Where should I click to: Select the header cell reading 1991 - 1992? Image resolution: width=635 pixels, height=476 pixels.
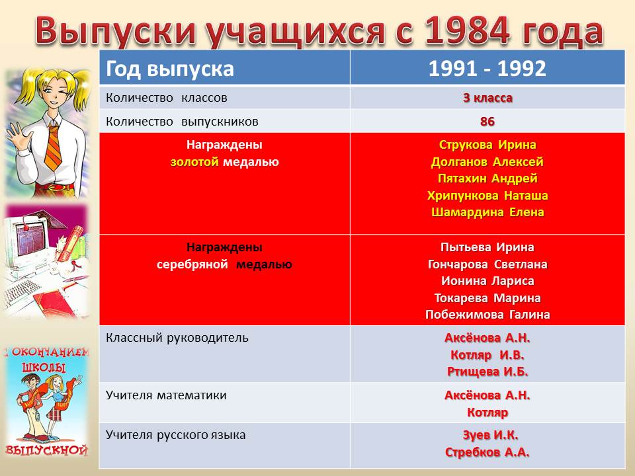tap(487, 68)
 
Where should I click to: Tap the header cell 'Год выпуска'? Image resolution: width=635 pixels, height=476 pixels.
tap(225, 68)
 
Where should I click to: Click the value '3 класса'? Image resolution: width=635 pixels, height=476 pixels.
tap(487, 98)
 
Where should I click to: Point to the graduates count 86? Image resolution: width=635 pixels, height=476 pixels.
tap(487, 122)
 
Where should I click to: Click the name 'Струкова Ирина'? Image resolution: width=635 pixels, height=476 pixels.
tap(487, 145)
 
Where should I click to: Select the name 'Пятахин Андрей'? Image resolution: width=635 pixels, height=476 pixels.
tap(487, 178)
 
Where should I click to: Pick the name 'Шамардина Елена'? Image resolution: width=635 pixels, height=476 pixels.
tap(487, 212)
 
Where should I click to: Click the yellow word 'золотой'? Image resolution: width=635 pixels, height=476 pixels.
tap(194, 162)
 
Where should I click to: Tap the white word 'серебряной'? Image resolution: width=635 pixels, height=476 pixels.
tap(192, 264)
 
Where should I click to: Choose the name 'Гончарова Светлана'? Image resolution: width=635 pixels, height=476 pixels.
tap(487, 264)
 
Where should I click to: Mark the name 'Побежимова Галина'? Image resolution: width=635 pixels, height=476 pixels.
tap(487, 315)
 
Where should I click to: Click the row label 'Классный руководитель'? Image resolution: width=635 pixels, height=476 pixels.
tap(177, 338)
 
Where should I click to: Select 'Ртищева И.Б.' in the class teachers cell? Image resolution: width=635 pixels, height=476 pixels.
tap(487, 372)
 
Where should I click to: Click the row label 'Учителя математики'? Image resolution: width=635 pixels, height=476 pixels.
tap(166, 395)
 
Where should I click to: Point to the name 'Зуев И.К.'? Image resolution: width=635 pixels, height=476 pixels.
tap(490, 435)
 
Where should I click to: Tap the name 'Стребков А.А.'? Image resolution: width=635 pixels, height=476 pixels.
tap(487, 452)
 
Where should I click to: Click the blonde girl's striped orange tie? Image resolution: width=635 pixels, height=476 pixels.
tap(54, 147)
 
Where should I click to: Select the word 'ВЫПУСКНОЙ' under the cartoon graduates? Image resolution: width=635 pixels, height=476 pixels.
tap(47, 450)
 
